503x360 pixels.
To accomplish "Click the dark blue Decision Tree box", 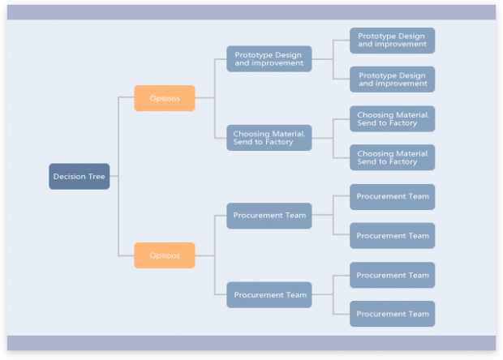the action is click(80, 176).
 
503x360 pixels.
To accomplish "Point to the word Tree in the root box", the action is click(97, 176).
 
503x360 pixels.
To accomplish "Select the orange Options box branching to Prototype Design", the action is click(165, 98).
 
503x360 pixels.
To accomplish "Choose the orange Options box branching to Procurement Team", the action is click(165, 255).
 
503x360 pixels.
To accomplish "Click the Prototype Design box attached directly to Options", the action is click(269, 58).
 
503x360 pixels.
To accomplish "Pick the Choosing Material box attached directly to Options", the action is click(269, 138).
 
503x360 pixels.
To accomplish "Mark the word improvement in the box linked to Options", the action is click(277, 63).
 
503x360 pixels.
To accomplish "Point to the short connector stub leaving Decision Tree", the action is click(114, 176).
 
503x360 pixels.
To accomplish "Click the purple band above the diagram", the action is click(251, 12).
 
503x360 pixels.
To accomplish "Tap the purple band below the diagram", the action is click(251, 343).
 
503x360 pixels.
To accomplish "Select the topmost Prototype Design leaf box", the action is click(393, 41).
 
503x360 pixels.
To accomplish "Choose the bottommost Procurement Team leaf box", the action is click(393, 314).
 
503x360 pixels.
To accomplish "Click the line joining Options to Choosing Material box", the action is click(215, 118).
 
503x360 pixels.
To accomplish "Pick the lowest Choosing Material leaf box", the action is click(393, 157).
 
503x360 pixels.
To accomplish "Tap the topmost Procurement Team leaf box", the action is click(393, 197).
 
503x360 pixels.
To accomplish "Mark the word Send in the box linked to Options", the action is click(241, 142).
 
